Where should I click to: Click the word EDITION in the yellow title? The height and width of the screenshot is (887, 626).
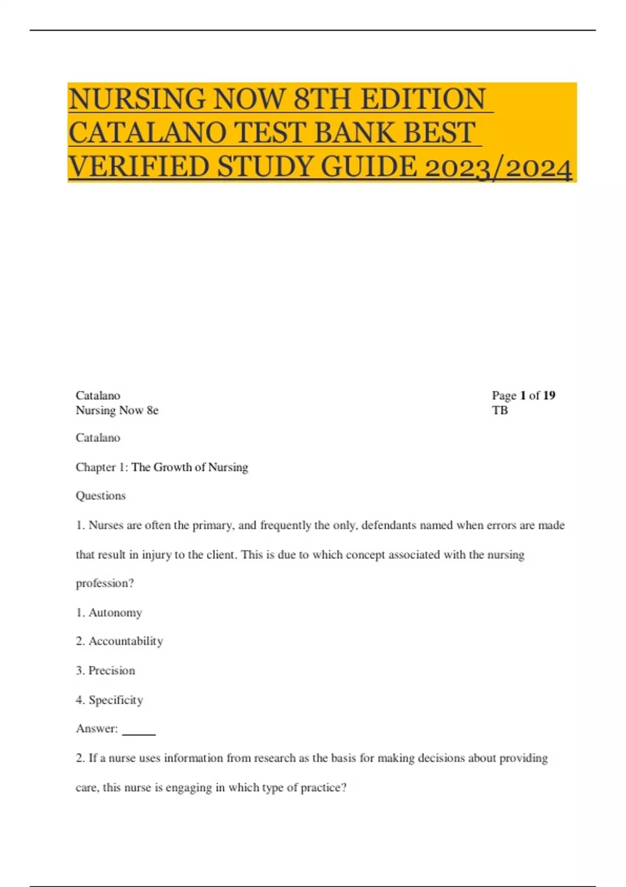point(423,99)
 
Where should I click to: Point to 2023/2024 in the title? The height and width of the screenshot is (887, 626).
point(498,168)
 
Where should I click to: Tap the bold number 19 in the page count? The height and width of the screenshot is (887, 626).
point(549,395)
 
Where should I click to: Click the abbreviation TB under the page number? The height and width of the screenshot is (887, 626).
point(500,410)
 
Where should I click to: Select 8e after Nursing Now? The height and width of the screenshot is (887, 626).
point(152,411)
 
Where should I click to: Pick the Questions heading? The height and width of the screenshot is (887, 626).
point(101,496)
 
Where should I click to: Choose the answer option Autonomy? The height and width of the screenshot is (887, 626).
point(115,613)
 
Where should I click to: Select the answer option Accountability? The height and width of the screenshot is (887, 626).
point(126,641)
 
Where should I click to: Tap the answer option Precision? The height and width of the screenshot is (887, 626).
point(112,670)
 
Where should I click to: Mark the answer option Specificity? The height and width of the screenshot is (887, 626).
point(115,700)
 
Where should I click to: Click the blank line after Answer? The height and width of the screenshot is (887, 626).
point(139,730)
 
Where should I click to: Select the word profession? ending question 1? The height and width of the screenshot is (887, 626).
point(105,583)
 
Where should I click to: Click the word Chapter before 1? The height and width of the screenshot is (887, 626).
point(95,467)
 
